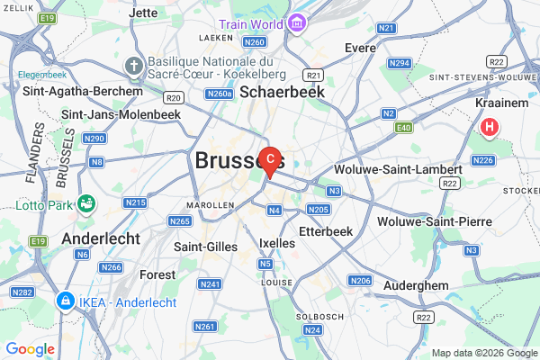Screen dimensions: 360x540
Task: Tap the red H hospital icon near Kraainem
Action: click(490, 129)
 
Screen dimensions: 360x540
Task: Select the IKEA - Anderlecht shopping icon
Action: click(65, 299)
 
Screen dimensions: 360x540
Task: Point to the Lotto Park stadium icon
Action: click(86, 203)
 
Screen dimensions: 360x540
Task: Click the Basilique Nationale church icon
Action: click(133, 66)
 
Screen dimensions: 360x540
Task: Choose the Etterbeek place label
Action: click(312, 231)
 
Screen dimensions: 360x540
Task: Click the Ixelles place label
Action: click(276, 243)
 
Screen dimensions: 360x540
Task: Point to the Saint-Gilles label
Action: click(205, 247)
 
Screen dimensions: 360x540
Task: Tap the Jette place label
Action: click(143, 13)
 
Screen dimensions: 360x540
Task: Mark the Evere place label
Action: click(360, 47)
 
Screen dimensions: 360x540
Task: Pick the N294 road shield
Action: click(400, 63)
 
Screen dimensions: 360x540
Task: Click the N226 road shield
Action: click(484, 160)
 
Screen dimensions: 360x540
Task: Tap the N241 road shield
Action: click(210, 284)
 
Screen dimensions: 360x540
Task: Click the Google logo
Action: click(30, 348)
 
